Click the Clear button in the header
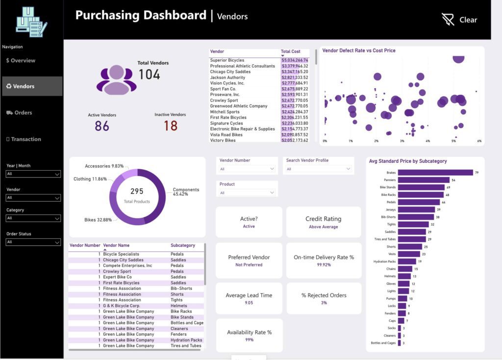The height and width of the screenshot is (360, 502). (459, 20)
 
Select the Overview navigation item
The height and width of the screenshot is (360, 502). (21, 61)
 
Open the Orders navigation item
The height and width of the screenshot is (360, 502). (20, 113)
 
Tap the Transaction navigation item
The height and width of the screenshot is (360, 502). (24, 139)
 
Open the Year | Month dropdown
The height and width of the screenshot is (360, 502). (33, 174)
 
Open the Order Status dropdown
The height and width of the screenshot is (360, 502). (33, 242)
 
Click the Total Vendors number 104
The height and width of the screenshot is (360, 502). (149, 75)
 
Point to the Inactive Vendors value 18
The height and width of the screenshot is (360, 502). (171, 126)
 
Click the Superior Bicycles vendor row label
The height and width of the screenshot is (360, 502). (227, 60)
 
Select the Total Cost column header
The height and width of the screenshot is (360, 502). (291, 51)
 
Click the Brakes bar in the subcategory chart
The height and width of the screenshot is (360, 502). (435, 173)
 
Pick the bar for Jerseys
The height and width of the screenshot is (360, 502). (416, 209)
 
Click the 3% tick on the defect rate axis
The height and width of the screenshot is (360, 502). (402, 141)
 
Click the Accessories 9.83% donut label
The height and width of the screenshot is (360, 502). (104, 166)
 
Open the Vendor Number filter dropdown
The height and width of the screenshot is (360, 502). (247, 169)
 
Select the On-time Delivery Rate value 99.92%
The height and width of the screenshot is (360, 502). (324, 265)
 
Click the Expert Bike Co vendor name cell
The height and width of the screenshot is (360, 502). (117, 277)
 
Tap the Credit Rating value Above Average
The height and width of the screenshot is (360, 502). (323, 227)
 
